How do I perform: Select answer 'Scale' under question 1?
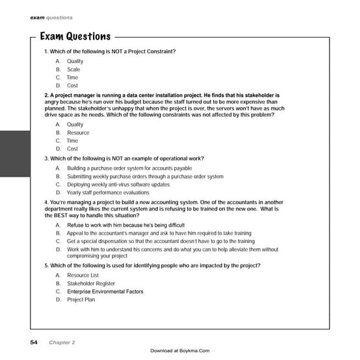click(73, 70)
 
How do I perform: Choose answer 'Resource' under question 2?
click(78, 133)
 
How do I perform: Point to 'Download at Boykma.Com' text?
click(180, 351)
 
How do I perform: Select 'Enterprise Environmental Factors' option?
click(105, 292)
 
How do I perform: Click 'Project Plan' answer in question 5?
click(81, 300)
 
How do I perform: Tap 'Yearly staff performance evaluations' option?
click(108, 192)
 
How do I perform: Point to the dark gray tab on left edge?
click(15, 157)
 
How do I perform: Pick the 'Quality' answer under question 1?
click(75, 62)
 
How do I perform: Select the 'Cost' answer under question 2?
click(72, 148)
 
